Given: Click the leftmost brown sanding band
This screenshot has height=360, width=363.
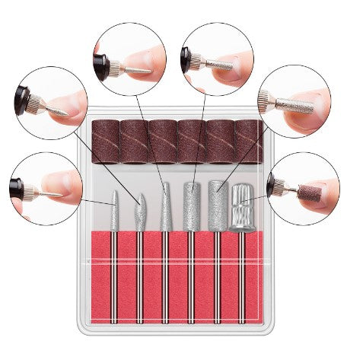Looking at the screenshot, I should [x=106, y=142].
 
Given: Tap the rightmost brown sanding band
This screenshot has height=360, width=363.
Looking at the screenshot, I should [x=249, y=142].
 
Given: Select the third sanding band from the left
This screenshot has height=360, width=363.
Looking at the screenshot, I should [x=162, y=142].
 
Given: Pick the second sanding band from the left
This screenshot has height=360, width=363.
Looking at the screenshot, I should [x=134, y=142].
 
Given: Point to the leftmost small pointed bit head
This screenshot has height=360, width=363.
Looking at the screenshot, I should [x=113, y=207].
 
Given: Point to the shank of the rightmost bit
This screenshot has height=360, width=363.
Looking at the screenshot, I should [x=242, y=274].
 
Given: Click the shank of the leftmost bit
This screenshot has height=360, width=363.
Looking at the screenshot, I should [x=114, y=274].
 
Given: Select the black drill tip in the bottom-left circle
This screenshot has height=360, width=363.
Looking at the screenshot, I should [x=17, y=186].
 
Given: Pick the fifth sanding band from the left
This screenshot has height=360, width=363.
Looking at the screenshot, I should [x=219, y=142].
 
